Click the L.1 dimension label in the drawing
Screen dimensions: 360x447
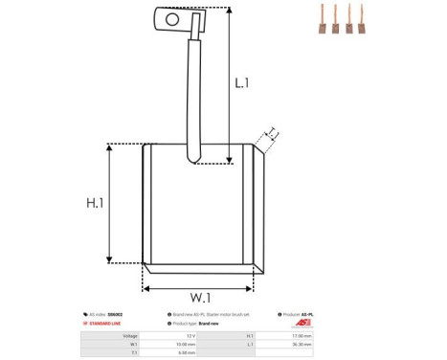point(241,84)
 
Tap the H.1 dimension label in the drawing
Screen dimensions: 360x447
point(94,203)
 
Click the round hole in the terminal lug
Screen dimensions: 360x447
point(172,17)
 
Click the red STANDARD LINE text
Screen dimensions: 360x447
point(104,325)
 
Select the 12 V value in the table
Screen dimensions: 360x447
point(191,336)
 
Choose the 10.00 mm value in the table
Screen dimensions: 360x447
point(188,345)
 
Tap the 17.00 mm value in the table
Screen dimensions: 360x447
point(302,336)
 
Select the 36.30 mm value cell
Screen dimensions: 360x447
point(302,345)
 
